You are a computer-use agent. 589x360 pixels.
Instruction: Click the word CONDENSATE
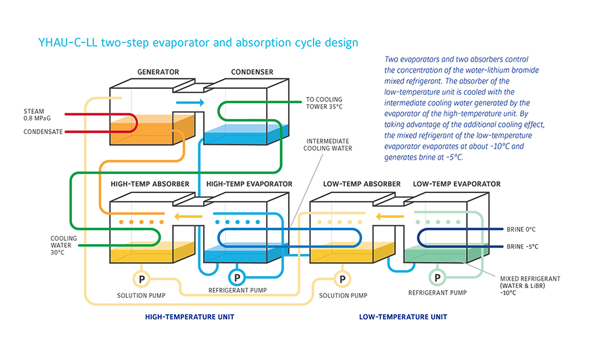43,132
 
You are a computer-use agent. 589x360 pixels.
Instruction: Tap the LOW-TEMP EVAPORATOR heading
457,184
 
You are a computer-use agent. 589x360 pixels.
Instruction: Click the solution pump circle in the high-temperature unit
140,279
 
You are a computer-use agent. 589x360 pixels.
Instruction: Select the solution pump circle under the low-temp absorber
340,279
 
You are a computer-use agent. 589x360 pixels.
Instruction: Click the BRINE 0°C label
522,230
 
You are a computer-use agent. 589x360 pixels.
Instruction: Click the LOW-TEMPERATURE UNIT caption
403,317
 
